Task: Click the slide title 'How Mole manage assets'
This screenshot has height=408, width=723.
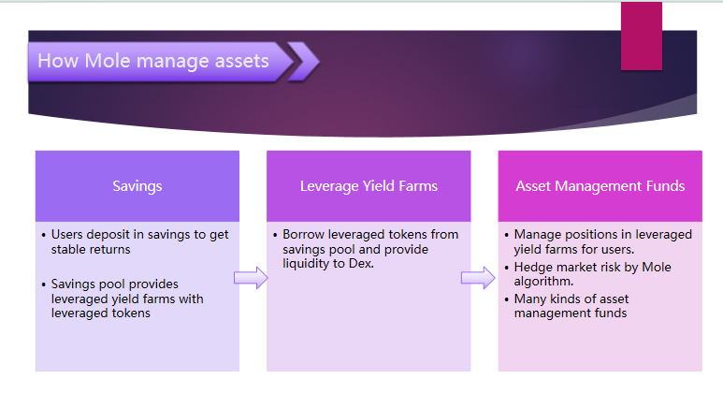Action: pos(153,62)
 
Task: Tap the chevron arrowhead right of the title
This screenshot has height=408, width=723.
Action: pos(303,62)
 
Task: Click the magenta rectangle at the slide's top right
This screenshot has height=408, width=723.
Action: pos(641,36)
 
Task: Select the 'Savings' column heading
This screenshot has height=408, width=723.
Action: pos(137,185)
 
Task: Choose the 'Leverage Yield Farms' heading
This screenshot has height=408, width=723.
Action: pos(369,185)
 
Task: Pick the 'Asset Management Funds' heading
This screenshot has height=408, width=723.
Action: pos(600,185)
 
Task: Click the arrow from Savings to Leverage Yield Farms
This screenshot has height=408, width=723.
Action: pos(251,278)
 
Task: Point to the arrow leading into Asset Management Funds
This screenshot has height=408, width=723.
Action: pos(478,278)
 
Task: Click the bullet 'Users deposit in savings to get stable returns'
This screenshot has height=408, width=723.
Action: pos(138,241)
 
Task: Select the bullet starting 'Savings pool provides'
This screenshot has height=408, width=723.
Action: pos(127,298)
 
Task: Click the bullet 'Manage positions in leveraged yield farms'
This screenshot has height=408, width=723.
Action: pos(602,241)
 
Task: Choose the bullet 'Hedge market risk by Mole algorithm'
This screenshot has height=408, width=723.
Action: pos(592,273)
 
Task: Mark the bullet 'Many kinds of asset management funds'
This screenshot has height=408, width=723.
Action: pos(571,306)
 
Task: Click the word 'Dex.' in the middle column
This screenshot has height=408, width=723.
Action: pos(360,265)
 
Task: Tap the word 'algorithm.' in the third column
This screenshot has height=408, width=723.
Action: pos(543,281)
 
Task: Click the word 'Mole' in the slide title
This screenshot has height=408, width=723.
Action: pos(108,62)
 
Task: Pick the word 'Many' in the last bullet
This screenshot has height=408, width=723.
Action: pos(531,299)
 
